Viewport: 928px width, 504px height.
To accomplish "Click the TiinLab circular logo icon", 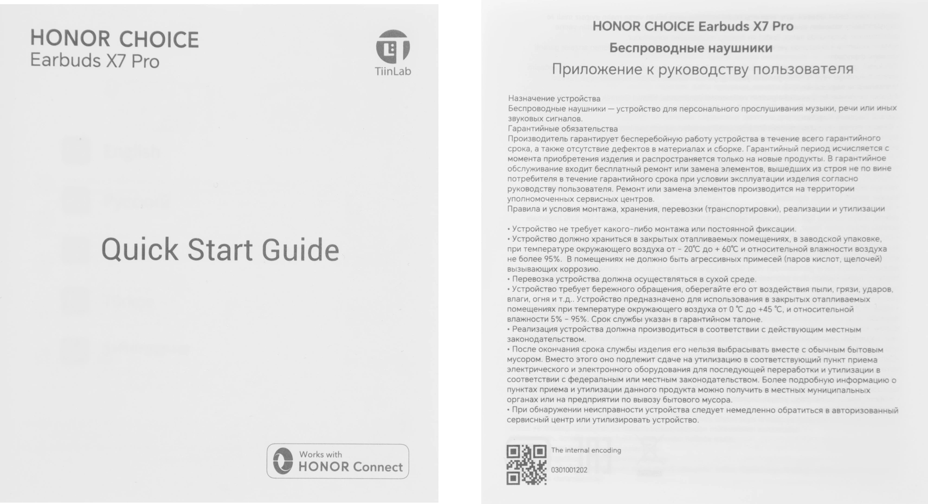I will pos(393,47).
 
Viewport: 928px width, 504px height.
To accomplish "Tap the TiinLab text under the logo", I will pos(393,71).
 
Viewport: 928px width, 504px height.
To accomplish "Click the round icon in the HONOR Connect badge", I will pos(283,461).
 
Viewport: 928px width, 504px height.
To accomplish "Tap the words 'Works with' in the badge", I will pos(320,454).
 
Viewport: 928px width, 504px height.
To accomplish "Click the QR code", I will pos(526,465).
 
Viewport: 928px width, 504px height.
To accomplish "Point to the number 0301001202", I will pos(569,470).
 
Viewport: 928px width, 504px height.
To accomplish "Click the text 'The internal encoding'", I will pos(586,450).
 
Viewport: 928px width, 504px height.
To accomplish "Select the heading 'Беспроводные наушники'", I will pos(690,48).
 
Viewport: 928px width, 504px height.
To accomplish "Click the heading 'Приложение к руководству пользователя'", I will pos(702,70).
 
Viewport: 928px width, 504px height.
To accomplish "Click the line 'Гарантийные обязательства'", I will pos(562,128).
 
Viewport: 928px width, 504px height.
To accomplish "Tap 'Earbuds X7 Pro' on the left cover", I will pos(95,61).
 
